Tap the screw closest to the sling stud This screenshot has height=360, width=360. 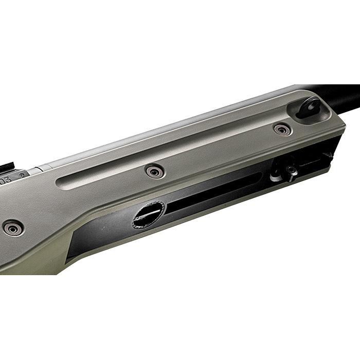pyautogui.click(x=282, y=130)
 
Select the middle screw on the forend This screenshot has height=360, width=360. pyautogui.click(x=154, y=172)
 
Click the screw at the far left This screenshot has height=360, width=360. pyautogui.click(x=12, y=227)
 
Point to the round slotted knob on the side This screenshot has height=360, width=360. pyautogui.click(x=149, y=213)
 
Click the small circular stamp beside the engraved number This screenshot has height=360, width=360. pyautogui.click(x=22, y=175)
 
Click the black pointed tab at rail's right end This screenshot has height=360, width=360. pyautogui.click(x=328, y=154)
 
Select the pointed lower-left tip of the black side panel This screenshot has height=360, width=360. pyautogui.click(x=69, y=257)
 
